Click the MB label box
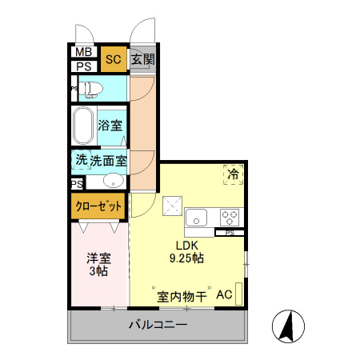click(x=83, y=53)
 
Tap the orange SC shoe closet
click(x=113, y=59)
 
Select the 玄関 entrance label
click(x=142, y=58)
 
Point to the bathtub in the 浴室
click(x=83, y=126)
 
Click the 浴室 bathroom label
click(x=110, y=126)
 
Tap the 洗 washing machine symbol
click(x=81, y=159)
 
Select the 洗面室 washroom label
click(x=108, y=160)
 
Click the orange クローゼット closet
click(x=99, y=206)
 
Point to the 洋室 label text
click(x=99, y=258)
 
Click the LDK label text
click(x=186, y=246)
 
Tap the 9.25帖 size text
click(x=186, y=258)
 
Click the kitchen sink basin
click(x=197, y=217)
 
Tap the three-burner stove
click(x=230, y=216)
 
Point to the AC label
click(x=224, y=295)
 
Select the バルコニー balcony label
click(x=158, y=326)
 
